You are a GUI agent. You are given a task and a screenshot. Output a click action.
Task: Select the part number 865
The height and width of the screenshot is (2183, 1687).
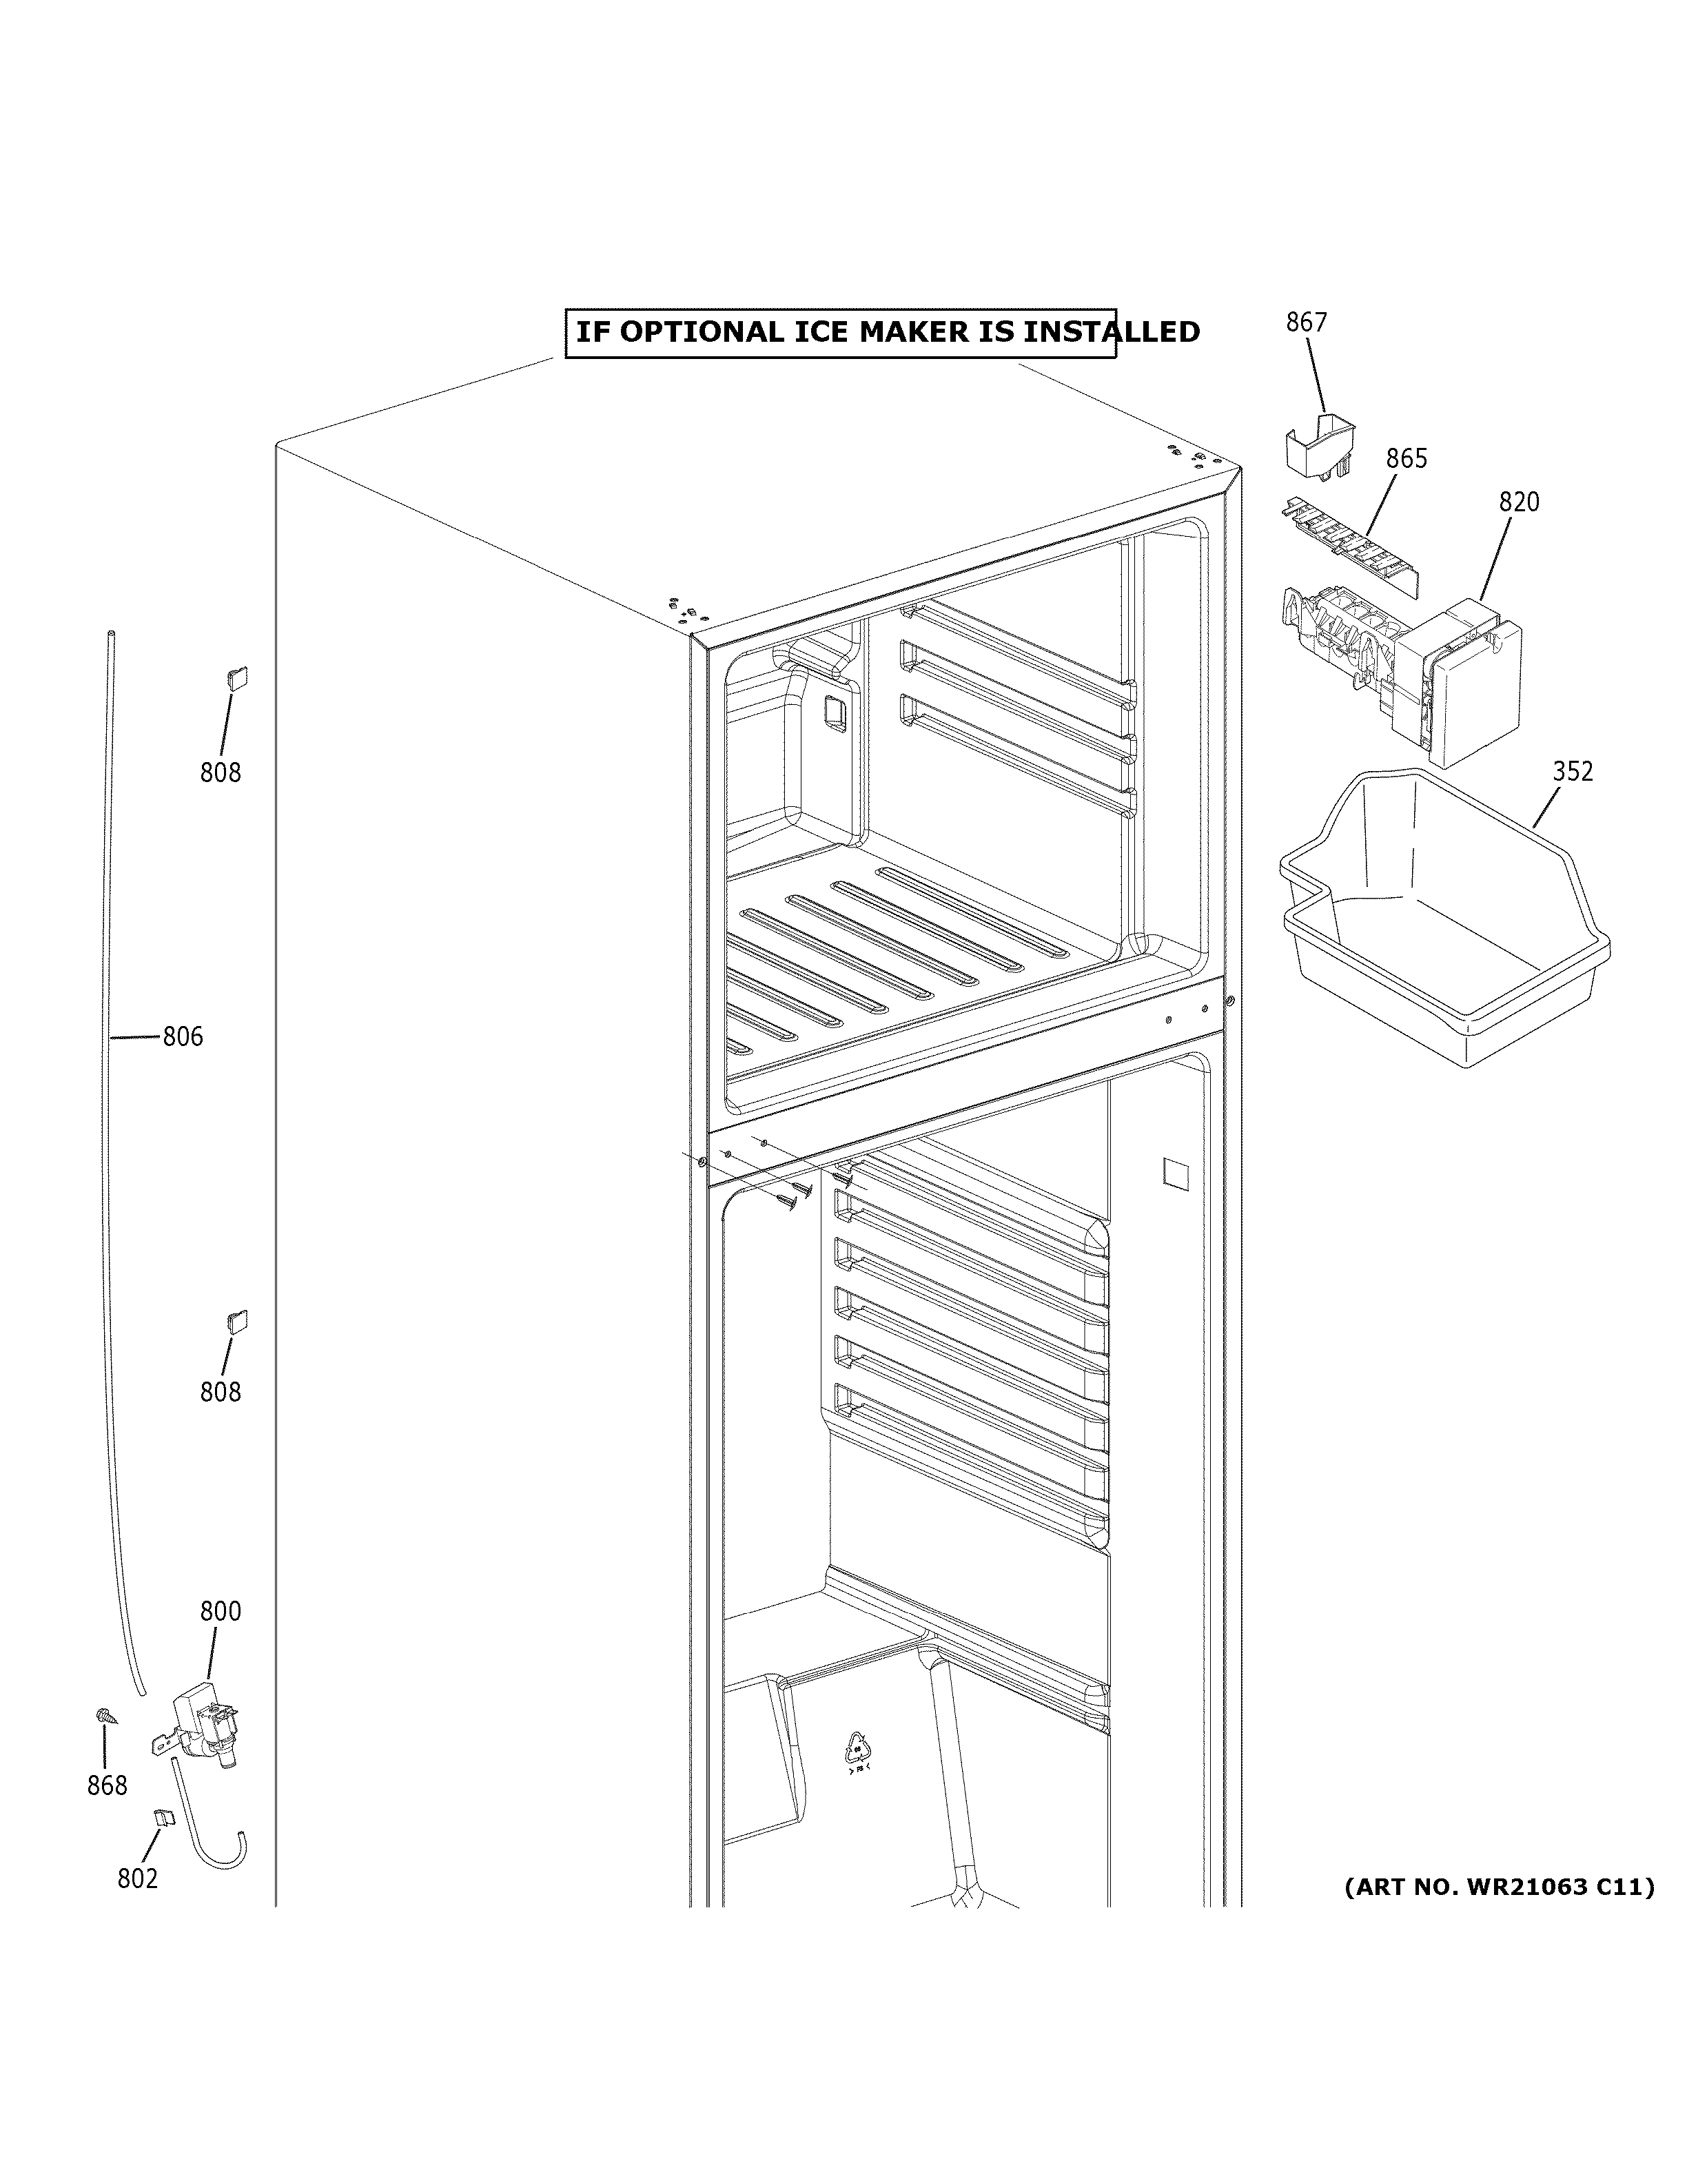1405,459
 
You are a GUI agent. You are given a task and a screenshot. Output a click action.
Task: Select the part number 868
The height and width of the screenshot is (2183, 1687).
107,1785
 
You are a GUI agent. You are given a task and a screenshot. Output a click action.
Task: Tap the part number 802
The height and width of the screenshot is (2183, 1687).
137,1879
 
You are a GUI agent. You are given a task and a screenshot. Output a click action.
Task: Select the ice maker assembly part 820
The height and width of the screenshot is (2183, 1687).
1419,679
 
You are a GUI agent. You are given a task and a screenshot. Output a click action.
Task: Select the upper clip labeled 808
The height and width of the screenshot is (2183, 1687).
238,679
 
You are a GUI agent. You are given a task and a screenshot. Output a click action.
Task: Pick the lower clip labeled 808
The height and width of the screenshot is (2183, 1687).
238,1322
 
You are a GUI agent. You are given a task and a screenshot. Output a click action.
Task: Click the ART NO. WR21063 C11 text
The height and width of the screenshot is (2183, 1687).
1498,1887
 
